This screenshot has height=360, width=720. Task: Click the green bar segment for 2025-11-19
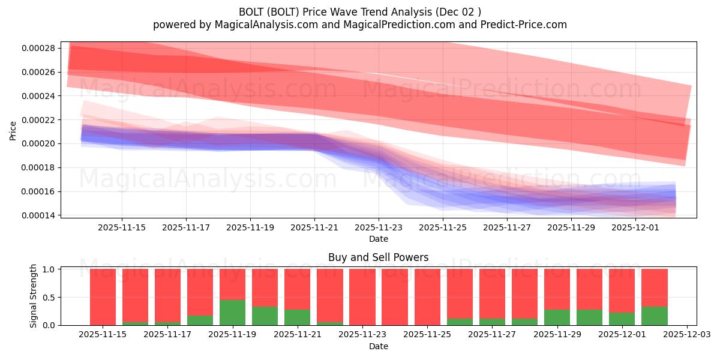click(232, 313)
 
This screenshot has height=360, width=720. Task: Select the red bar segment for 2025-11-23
click(362, 296)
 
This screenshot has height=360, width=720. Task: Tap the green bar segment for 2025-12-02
click(654, 316)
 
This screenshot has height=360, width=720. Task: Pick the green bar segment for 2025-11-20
click(265, 316)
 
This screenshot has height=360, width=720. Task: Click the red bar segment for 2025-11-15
click(103, 296)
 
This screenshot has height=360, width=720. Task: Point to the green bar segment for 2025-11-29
click(557, 317)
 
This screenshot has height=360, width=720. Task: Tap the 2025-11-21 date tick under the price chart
click(314, 227)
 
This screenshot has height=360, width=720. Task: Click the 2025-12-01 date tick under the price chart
click(635, 227)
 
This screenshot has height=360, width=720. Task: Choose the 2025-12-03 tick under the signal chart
click(686, 334)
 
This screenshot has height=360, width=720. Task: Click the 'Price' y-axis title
click(13, 130)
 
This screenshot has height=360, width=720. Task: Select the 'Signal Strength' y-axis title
click(34, 296)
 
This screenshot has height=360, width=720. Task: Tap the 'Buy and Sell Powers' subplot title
click(378, 257)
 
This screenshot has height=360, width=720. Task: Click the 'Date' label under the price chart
click(378, 239)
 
